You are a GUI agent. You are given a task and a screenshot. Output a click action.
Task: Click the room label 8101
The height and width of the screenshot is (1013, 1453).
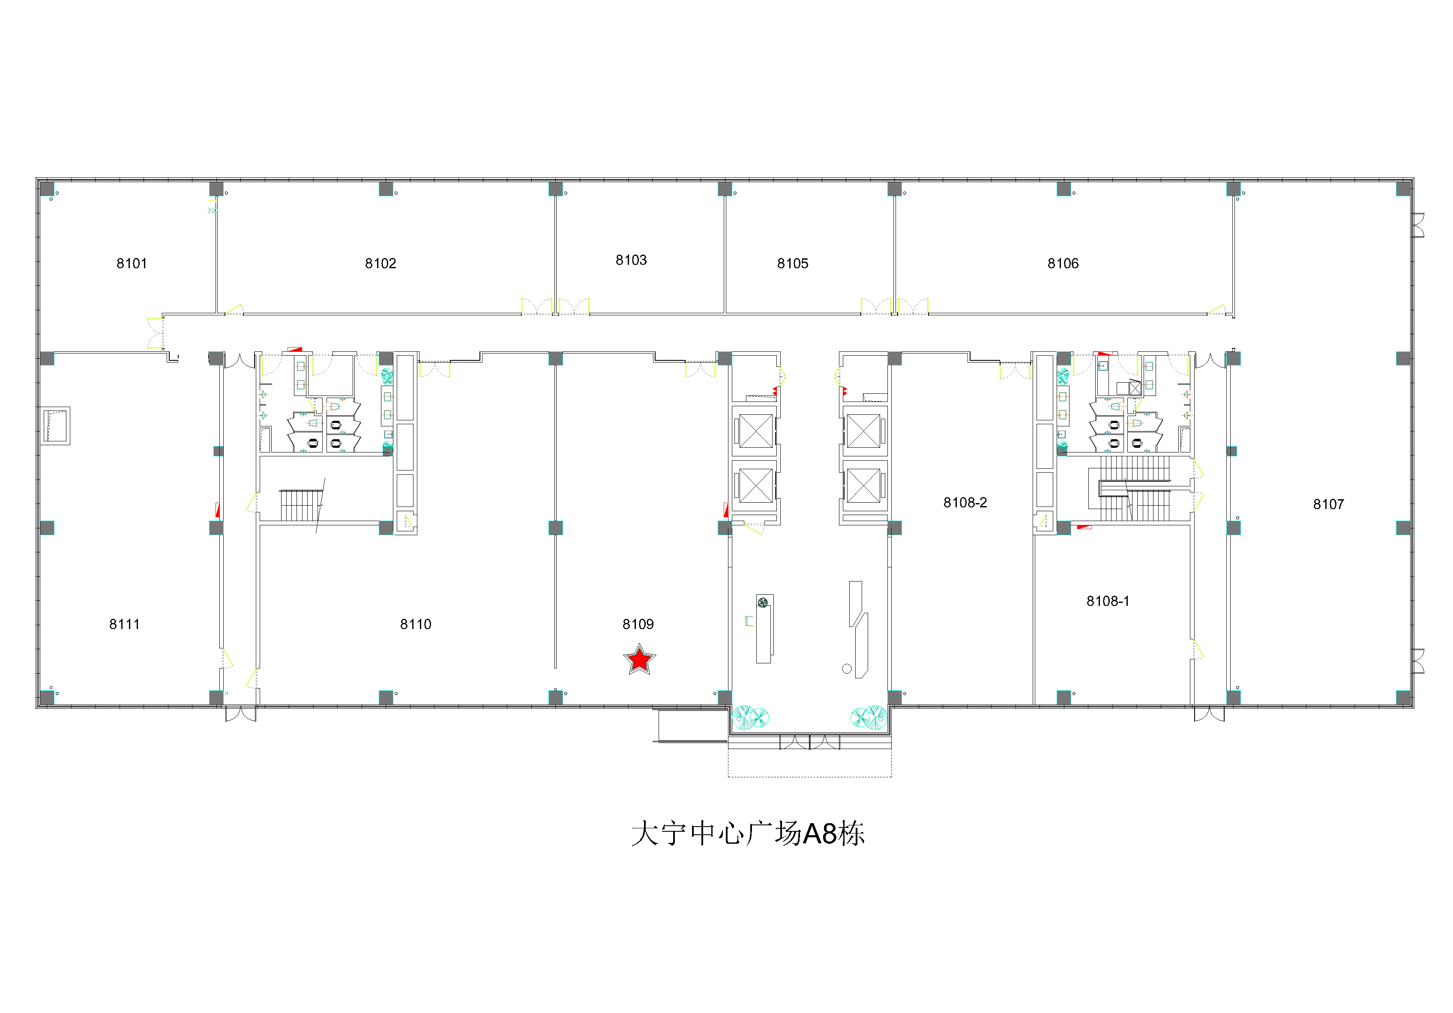tap(132, 263)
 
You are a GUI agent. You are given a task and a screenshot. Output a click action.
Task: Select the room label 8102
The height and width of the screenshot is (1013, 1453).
tap(380, 263)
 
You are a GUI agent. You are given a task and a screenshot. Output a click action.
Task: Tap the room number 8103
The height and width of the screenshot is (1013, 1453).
tap(631, 260)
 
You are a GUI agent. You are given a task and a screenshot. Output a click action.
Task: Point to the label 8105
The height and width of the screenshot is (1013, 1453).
tap(792, 263)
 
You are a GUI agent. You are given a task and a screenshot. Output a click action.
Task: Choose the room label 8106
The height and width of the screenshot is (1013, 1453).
tap(1063, 263)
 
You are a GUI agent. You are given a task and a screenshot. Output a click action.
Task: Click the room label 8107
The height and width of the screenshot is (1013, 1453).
tap(1328, 504)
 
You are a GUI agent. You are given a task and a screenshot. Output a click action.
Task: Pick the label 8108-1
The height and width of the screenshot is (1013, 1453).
tap(1108, 601)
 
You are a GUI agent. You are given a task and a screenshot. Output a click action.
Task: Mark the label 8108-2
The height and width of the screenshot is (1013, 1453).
tap(965, 502)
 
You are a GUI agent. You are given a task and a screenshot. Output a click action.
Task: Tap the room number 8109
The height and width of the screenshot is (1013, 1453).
tap(638, 624)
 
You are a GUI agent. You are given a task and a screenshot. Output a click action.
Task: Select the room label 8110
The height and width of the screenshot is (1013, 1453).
tap(416, 624)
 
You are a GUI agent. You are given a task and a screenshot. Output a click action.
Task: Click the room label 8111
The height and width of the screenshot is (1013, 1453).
tap(124, 624)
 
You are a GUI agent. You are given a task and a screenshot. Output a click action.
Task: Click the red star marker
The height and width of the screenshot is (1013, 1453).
tap(639, 660)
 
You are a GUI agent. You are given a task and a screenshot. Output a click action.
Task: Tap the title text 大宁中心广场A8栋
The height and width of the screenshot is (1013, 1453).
tap(748, 833)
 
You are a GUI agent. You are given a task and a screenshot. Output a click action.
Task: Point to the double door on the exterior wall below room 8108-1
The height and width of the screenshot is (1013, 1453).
tap(1209, 714)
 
